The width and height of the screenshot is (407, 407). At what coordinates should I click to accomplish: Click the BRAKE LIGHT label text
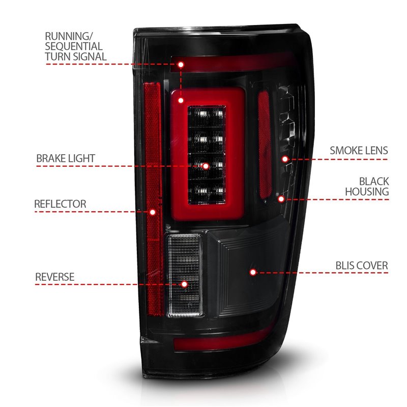click(65, 158)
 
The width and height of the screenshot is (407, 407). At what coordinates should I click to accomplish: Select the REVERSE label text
click(54, 277)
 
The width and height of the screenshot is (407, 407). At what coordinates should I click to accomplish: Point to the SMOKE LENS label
click(359, 151)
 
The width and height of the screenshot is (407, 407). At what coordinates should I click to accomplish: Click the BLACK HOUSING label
click(367, 186)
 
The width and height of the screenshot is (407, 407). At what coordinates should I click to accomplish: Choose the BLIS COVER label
click(362, 266)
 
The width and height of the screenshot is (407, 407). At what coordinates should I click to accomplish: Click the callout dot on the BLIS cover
click(253, 272)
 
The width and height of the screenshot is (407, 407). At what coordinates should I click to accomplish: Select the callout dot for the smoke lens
click(285, 159)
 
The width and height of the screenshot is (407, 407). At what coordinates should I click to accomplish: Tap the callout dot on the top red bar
click(181, 65)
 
